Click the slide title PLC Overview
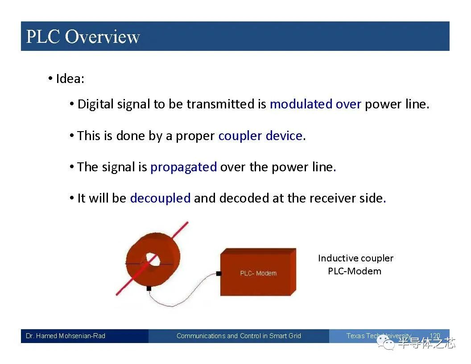[83, 37]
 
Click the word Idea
[69, 79]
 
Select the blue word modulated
[301, 104]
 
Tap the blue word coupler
[240, 136]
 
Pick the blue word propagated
[183, 167]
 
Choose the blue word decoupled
[161, 199]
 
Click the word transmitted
[220, 104]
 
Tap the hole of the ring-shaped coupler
[153, 260]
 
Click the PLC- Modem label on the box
[258, 273]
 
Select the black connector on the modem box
[219, 273]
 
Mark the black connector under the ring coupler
[149, 288]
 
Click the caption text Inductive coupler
[355, 258]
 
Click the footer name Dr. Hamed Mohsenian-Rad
[66, 336]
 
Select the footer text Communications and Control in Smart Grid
[239, 336]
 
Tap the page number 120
[435, 335]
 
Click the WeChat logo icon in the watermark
[386, 343]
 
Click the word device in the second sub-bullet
[284, 136]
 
